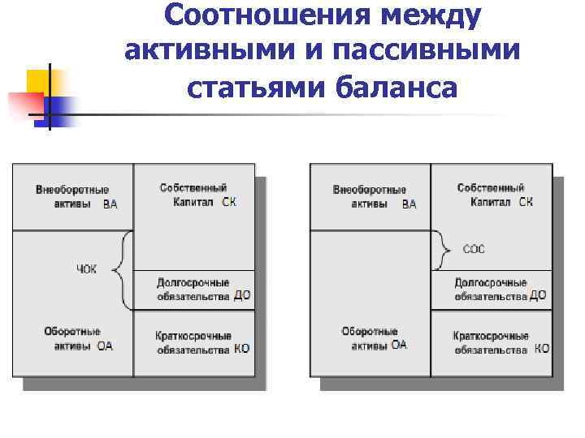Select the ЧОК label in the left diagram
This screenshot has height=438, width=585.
[86, 268]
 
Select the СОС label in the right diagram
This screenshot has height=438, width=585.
[473, 249]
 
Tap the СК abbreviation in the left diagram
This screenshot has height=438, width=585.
[229, 202]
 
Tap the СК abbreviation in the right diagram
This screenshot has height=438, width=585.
[526, 202]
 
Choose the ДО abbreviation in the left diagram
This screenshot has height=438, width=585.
[242, 296]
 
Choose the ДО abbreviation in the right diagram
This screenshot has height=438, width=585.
[537, 296]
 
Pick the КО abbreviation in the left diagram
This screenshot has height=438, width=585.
[241, 350]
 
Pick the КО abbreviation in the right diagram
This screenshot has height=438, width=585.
[542, 350]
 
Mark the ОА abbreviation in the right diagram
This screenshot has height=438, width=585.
[398, 346]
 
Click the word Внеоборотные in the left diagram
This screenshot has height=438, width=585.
[72, 191]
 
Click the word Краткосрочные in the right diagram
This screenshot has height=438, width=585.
[491, 336]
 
